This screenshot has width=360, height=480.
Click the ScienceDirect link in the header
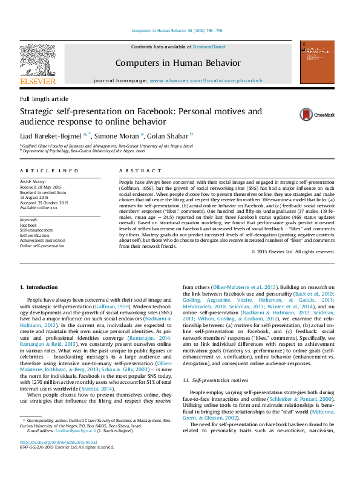pos(209,47)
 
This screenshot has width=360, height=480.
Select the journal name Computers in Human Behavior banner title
pos(178,63)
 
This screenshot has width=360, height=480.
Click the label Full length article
pos(44,99)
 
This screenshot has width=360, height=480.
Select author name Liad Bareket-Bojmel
pos(53,136)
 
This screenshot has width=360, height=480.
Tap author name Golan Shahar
pos(168,136)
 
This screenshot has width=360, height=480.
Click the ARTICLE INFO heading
pos(49,171)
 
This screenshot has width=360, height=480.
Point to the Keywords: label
pos(30,219)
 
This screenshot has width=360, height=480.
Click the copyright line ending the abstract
pos(292,251)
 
